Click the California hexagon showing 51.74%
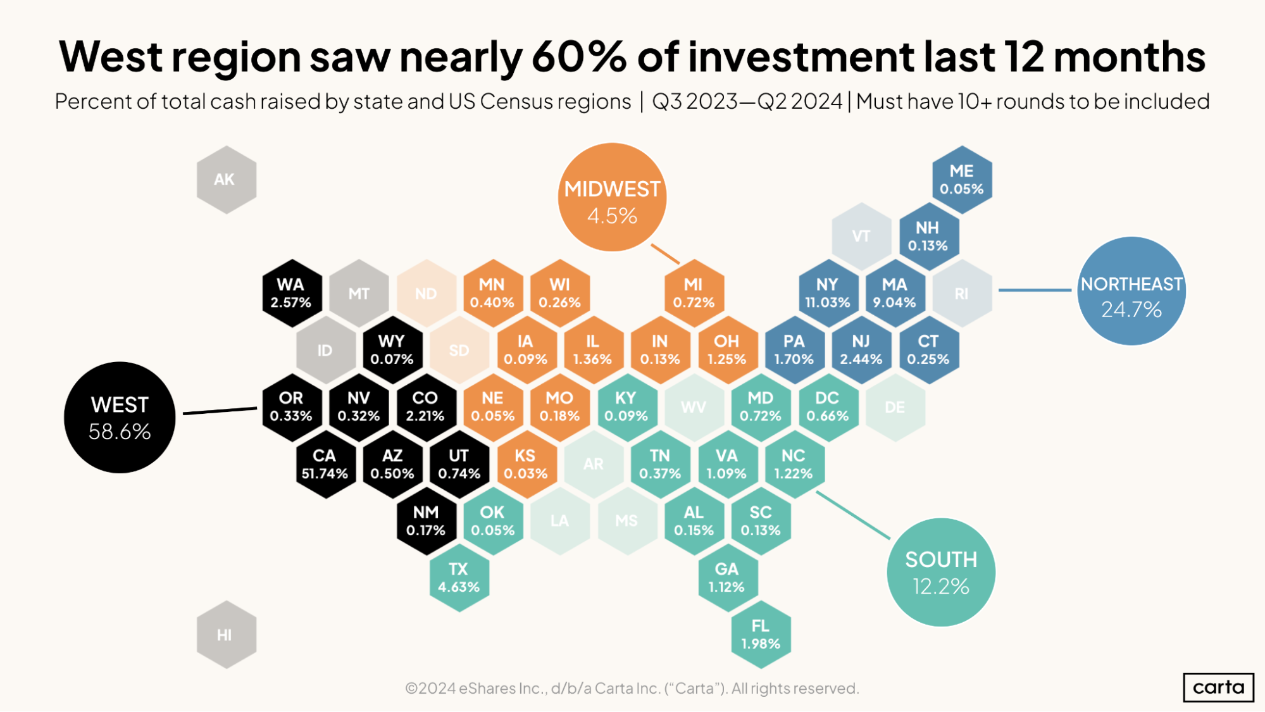[325, 464]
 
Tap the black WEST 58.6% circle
[120, 418]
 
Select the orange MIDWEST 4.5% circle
[612, 197]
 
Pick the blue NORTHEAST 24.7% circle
[1131, 291]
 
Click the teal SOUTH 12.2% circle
[941, 572]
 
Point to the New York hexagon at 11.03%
[827, 293]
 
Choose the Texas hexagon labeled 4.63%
[459, 577]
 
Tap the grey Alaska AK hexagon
[226, 180]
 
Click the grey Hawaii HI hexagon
[226, 635]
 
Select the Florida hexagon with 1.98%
[761, 634]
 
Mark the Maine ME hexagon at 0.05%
[961, 180]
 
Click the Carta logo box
[1218, 687]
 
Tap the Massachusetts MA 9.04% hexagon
[894, 293]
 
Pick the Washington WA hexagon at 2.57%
[291, 293]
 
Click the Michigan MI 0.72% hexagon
[694, 293]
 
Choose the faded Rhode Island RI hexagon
[961, 294]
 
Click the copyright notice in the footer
[632, 688]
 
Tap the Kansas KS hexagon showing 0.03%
[525, 464]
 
